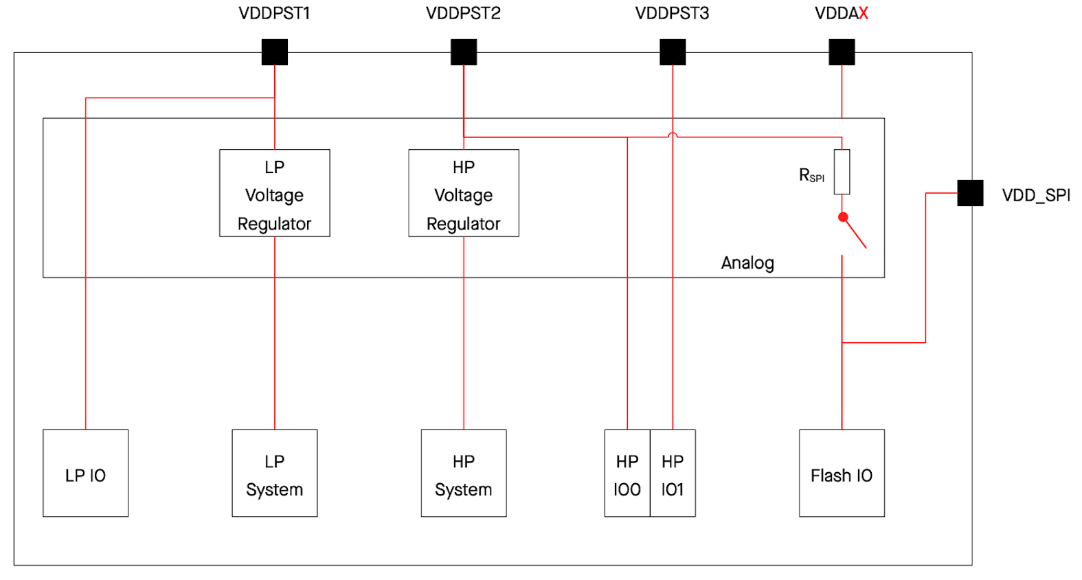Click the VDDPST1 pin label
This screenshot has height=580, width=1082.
pos(274,14)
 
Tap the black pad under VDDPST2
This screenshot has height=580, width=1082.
pos(464,52)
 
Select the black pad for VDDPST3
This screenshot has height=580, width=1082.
pos(673,52)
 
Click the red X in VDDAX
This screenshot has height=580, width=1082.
pos(864,14)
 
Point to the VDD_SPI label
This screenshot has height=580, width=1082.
pos(1036,196)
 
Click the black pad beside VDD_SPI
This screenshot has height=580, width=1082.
pos(970,193)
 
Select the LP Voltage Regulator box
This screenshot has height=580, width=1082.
pos(274,193)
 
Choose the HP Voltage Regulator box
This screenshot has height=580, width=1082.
pos(464,193)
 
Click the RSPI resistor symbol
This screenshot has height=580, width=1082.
pos(842,172)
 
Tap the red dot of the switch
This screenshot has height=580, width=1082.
pos(843,217)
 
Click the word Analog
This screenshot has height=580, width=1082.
pos(747,263)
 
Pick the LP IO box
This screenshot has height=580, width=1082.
pos(85,473)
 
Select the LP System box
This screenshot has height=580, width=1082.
pos(274,473)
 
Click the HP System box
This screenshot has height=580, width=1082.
pos(464,473)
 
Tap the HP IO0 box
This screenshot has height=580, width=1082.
pos(627,473)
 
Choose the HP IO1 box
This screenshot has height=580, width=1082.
pos(673,473)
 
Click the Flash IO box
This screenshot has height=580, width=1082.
pos(842,473)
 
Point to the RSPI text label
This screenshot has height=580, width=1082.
pos(811,176)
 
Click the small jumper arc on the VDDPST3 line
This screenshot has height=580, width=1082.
pos(673,135)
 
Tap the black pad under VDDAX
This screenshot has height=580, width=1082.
pos(842,52)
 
